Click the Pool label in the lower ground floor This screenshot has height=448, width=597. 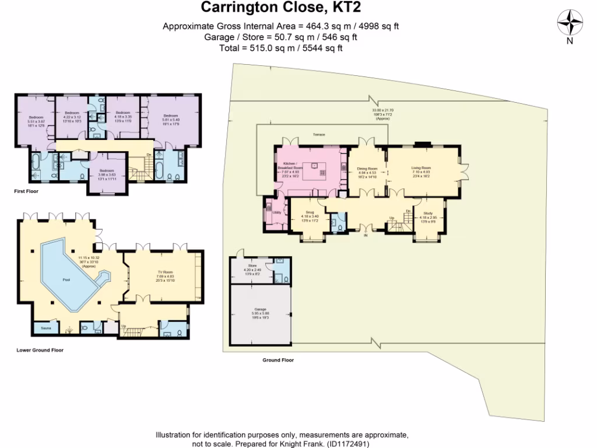click(67, 279)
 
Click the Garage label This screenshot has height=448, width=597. click(260, 309)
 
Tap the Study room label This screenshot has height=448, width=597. click(429, 214)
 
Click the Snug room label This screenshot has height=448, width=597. click(308, 214)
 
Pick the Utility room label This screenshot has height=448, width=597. click(276, 212)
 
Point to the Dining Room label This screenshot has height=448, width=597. click(367, 169)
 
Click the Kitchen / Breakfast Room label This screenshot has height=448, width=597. click(291, 166)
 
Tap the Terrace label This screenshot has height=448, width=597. click(318, 135)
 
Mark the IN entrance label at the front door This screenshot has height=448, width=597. click(366, 236)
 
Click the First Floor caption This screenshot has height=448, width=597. click(26, 191)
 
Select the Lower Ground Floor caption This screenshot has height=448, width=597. click(40, 351)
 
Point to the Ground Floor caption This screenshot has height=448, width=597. click(278, 360)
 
